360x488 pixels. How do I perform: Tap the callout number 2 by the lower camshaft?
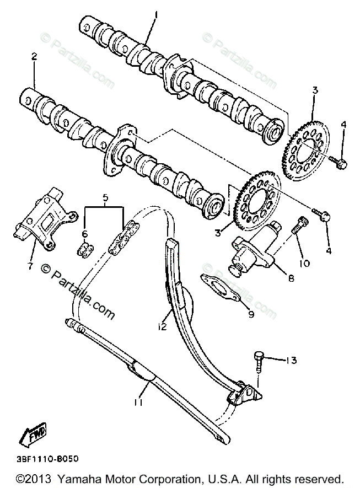click(x=34, y=56)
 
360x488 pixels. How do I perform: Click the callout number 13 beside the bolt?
click(x=292, y=361)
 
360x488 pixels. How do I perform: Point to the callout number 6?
click(x=85, y=234)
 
